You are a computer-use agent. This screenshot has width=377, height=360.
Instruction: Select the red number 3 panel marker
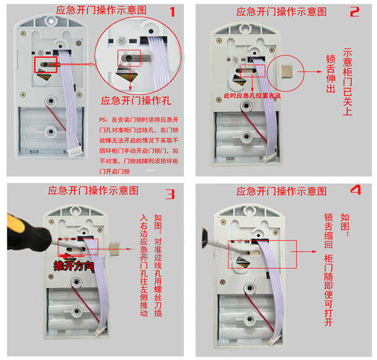(171, 194)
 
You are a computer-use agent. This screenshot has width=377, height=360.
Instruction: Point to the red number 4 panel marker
(356, 191)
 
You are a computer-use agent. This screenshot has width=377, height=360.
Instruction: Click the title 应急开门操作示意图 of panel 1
(100, 10)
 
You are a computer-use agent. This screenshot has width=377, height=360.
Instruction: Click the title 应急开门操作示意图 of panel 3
(97, 191)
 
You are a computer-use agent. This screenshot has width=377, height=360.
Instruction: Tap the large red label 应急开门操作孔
(137, 101)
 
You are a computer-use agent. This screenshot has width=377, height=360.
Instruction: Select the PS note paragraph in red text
(138, 145)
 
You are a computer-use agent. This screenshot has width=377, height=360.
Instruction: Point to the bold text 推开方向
(73, 266)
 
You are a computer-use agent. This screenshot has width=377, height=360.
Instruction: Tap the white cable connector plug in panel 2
(270, 157)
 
